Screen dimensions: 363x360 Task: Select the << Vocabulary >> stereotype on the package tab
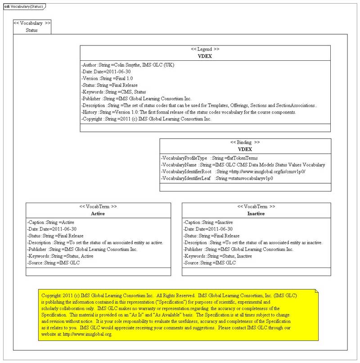(32, 23)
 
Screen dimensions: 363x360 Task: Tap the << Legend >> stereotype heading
(205, 49)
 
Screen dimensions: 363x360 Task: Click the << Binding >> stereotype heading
(245, 142)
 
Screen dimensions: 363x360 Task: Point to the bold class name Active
(98, 213)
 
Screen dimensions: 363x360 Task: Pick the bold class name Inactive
(256, 213)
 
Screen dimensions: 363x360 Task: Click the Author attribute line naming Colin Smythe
(128, 65)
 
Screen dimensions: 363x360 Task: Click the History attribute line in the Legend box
(189, 112)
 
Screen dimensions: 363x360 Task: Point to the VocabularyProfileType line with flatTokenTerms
(209, 158)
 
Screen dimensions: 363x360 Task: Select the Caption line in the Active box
(51, 222)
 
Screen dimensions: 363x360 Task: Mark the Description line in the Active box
(95, 243)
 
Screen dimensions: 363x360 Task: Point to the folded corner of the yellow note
(316, 292)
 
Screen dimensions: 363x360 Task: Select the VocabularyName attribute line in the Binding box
(243, 165)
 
